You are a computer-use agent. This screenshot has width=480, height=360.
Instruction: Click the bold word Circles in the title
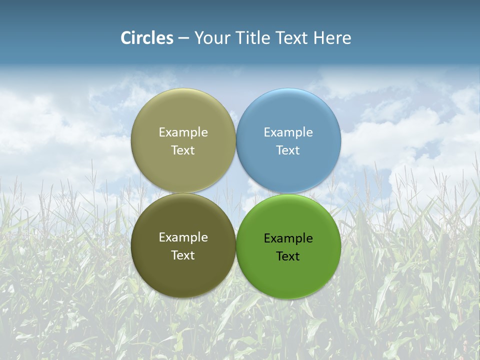[147, 38]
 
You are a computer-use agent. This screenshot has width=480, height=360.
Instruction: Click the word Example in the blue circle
[288, 132]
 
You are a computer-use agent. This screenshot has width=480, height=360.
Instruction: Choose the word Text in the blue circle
[288, 150]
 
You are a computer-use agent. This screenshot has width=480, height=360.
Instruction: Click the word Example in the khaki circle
[183, 132]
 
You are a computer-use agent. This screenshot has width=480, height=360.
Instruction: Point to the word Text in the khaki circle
[183, 150]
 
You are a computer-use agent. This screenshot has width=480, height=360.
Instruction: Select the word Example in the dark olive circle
[183, 237]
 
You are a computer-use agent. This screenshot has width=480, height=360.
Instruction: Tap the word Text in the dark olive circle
[183, 255]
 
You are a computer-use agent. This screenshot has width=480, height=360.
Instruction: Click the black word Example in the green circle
[288, 238]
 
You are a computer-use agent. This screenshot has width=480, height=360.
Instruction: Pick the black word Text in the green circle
[288, 256]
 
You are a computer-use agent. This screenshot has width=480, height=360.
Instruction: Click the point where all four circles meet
[236, 193]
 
